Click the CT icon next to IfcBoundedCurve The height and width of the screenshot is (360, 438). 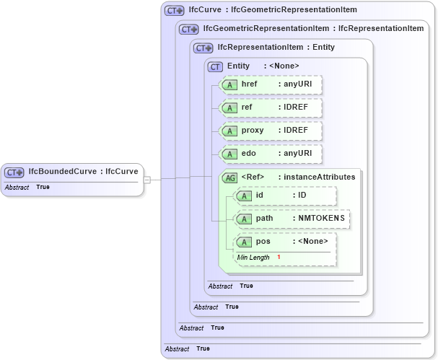tap(14, 172)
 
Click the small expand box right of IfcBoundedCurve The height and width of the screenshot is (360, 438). tap(146, 179)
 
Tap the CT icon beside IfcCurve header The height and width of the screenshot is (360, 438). tap(175, 11)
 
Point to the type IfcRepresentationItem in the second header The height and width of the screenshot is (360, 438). tap(381, 29)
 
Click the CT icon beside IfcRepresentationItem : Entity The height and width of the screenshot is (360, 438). tap(203, 48)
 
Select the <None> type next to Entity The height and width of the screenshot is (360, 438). tap(284, 66)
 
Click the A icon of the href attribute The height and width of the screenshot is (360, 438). tap(229, 85)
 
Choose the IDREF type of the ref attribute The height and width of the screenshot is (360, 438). tap(296, 107)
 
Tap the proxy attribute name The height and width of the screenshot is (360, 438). tap(253, 131)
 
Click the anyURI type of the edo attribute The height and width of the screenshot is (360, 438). tap(297, 154)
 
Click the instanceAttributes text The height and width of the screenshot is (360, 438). tap(320, 177)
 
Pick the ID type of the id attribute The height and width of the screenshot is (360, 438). tap(302, 196)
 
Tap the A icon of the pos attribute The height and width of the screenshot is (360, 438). tap(245, 242)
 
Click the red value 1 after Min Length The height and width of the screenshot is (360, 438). tap(279, 258)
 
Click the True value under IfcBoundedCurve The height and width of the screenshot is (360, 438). tap(43, 188)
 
